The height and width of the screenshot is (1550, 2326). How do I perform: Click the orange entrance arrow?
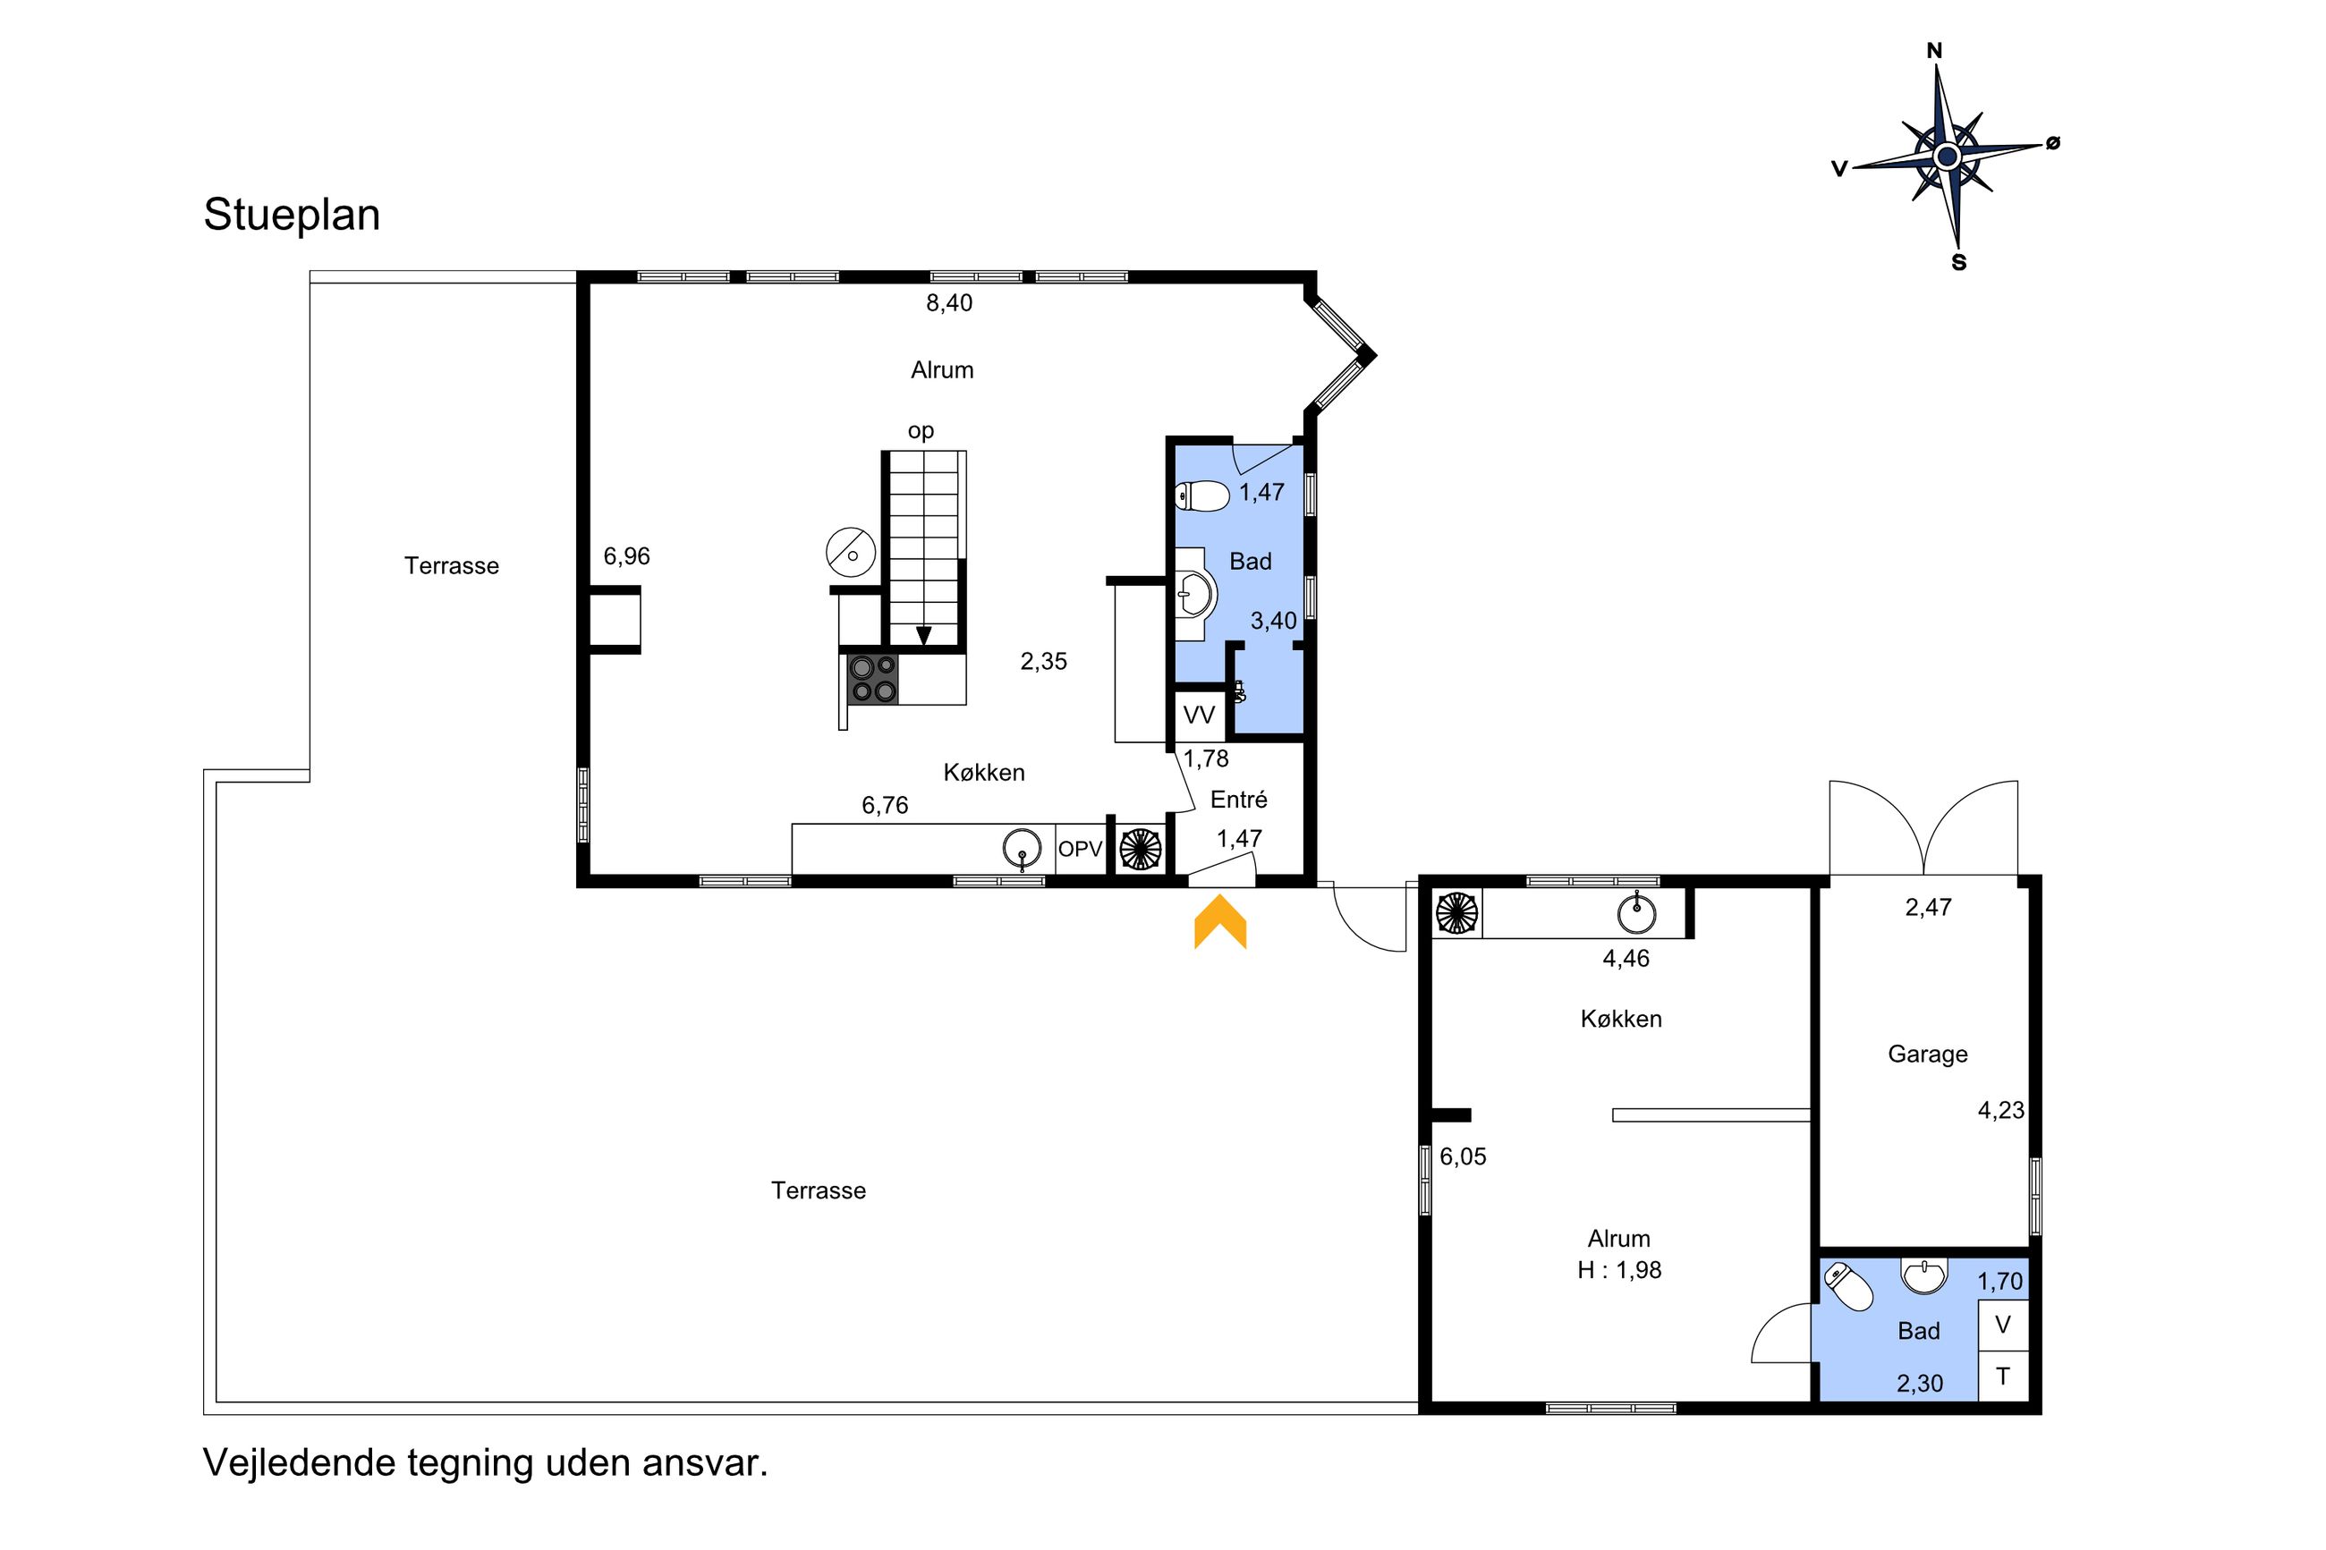click(1220, 921)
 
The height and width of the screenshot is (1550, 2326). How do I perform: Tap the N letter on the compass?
click(1934, 50)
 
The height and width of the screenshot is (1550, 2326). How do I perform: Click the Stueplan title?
click(292, 216)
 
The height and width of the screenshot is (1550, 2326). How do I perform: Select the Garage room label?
click(1927, 1055)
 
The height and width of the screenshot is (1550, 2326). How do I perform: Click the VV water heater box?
click(1199, 715)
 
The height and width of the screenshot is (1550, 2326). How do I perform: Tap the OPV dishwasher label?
click(1080, 849)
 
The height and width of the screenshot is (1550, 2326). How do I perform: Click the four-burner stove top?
click(873, 679)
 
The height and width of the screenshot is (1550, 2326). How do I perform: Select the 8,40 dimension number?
click(949, 303)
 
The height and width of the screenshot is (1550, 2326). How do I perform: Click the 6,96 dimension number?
click(627, 556)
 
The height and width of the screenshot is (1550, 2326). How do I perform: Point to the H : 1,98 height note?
click(1619, 1270)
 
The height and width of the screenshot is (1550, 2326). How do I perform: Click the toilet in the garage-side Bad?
click(1847, 1286)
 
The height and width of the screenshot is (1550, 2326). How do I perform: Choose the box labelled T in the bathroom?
click(2003, 1376)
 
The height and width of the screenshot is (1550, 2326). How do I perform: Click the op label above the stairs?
click(921, 432)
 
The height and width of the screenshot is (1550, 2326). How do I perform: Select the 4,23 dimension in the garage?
click(2000, 1111)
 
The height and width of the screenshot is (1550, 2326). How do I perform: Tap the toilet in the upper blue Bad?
click(1202, 495)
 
